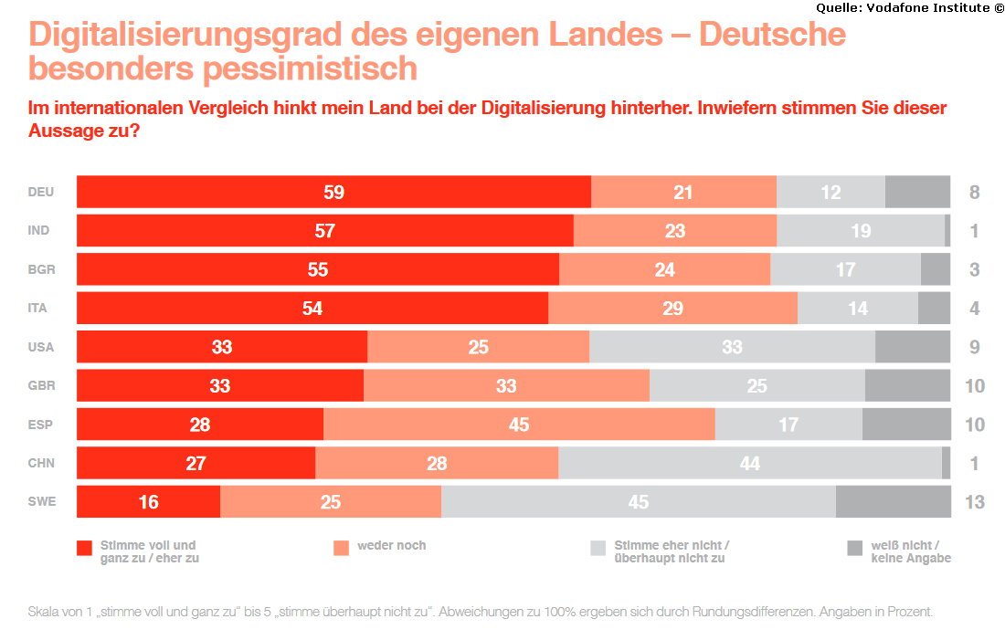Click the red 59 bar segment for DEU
click(x=333, y=193)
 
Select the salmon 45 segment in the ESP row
click(x=519, y=425)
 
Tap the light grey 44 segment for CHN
click(x=750, y=463)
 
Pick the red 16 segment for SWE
click(x=149, y=501)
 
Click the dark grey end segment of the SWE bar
click(x=893, y=501)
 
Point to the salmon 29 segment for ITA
click(x=673, y=309)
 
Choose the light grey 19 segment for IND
click(x=861, y=231)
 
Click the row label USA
click(x=40, y=347)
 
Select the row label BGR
click(x=41, y=269)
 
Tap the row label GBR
click(x=41, y=385)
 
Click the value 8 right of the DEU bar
click(x=974, y=193)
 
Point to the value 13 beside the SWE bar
click(x=974, y=501)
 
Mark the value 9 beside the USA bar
click(x=974, y=347)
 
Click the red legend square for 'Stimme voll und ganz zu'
click(x=85, y=548)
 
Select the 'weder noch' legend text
click(x=392, y=545)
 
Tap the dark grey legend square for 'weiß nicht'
click(x=854, y=548)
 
